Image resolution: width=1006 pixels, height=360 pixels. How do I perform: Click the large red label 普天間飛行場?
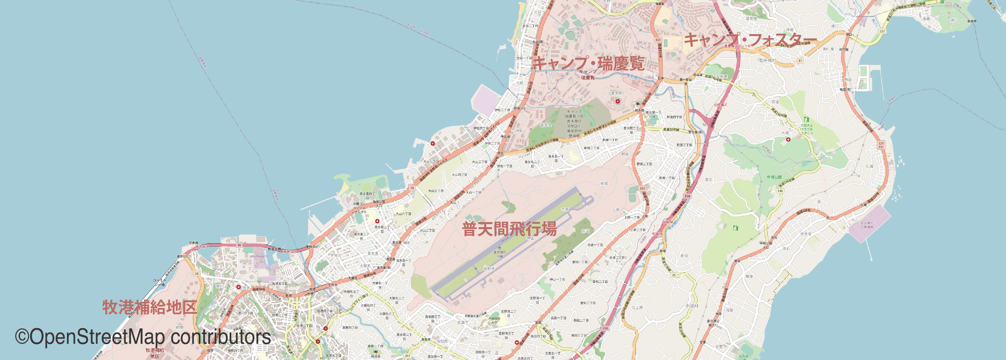click(509, 229)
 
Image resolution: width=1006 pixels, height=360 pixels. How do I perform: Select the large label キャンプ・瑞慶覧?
click(588, 63)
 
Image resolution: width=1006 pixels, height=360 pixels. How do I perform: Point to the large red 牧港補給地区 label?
click(150, 307)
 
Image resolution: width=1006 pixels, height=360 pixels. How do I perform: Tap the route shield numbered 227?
click(882, 31)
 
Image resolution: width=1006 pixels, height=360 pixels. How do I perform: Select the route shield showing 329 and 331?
click(881, 145)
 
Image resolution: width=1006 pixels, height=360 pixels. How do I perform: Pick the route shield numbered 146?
click(780, 191)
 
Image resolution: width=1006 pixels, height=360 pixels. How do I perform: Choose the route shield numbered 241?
click(408, 356)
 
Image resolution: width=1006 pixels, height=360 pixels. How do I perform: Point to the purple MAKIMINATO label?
click(259, 256)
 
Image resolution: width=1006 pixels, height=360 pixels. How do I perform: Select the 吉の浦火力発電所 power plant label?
click(867, 225)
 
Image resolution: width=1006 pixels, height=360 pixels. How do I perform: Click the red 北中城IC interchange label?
click(721, 105)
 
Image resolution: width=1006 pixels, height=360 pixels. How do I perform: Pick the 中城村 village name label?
click(692, 306)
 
